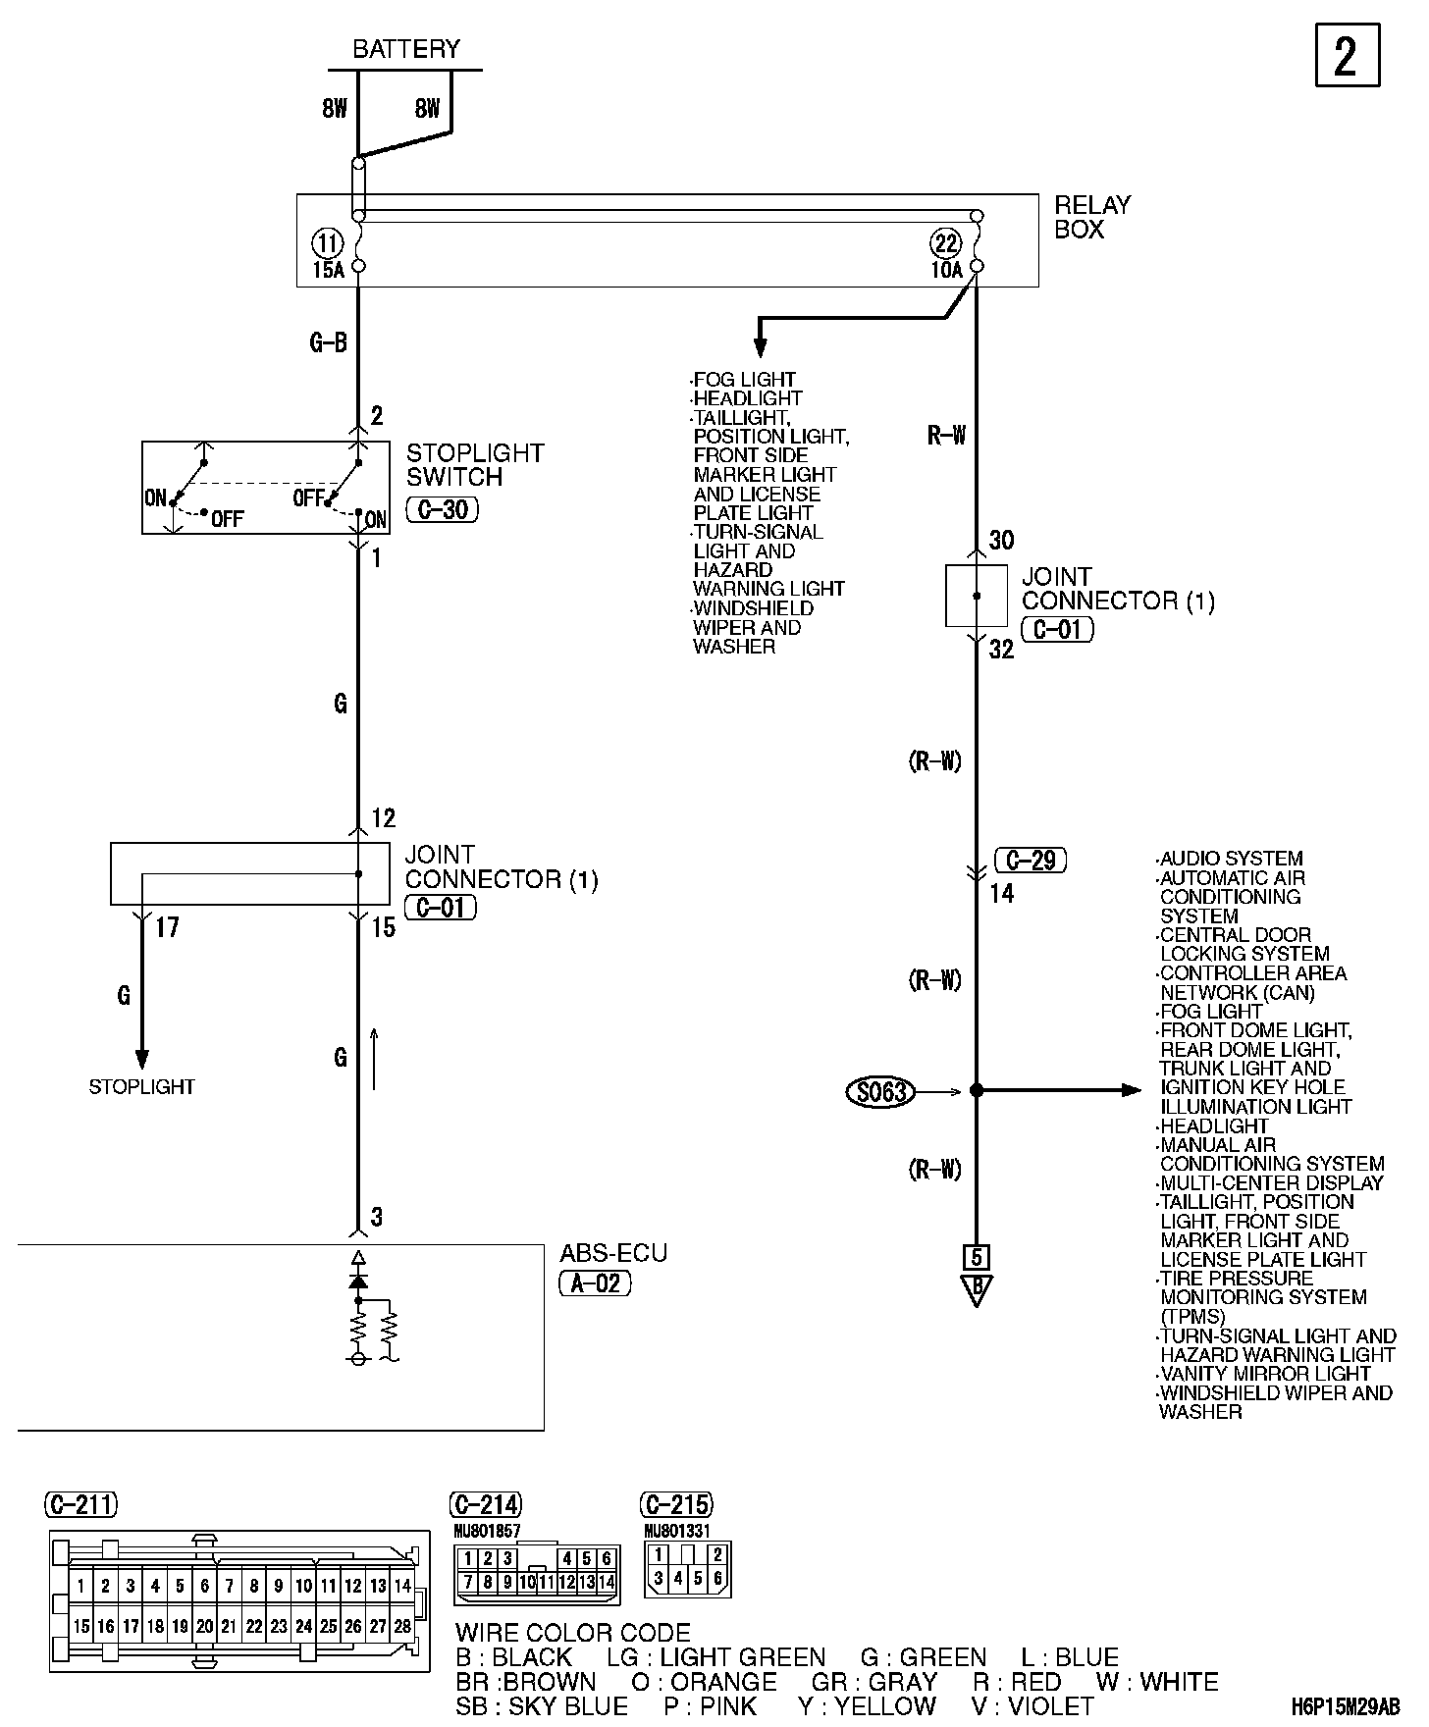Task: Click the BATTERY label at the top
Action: [x=405, y=49]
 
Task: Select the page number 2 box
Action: [x=1347, y=56]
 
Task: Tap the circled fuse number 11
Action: [x=327, y=242]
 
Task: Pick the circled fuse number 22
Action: [x=946, y=242]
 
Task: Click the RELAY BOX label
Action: [x=1091, y=217]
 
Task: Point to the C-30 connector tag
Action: [x=442, y=510]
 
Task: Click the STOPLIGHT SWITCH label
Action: [x=474, y=465]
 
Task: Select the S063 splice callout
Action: [x=880, y=1091]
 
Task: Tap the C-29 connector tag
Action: [x=1031, y=861]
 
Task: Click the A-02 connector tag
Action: [x=595, y=1282]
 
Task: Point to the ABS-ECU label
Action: [x=612, y=1253]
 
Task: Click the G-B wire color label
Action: [x=328, y=342]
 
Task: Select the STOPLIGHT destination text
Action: [x=141, y=1087]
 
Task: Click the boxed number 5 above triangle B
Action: [x=976, y=1257]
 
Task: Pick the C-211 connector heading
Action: [x=80, y=1503]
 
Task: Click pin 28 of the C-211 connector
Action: [x=401, y=1626]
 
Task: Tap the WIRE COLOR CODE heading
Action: [x=573, y=1633]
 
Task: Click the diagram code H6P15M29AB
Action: [x=1345, y=1707]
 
